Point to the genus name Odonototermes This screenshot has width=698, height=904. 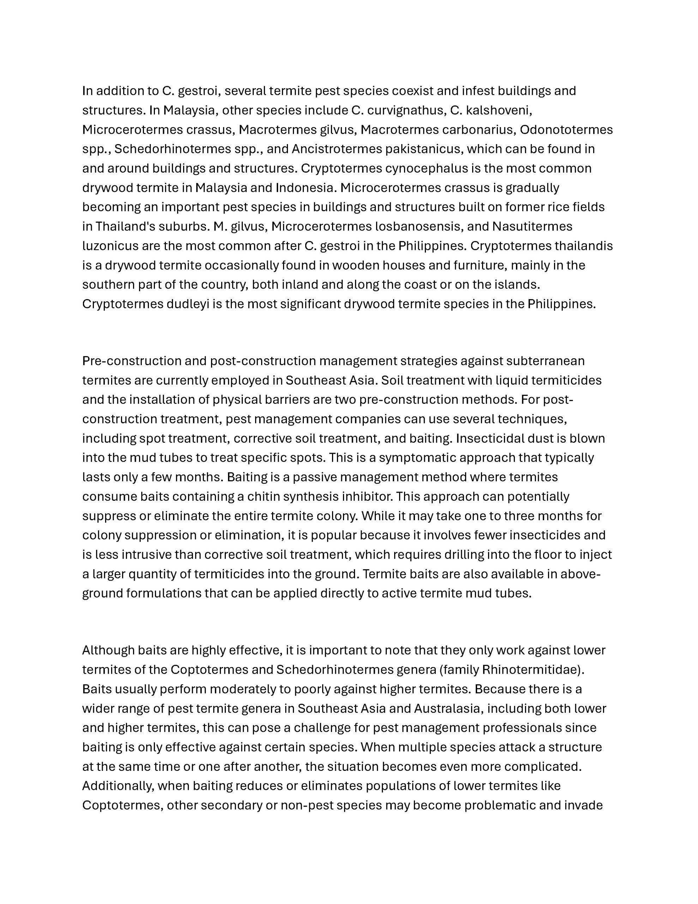point(566,130)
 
